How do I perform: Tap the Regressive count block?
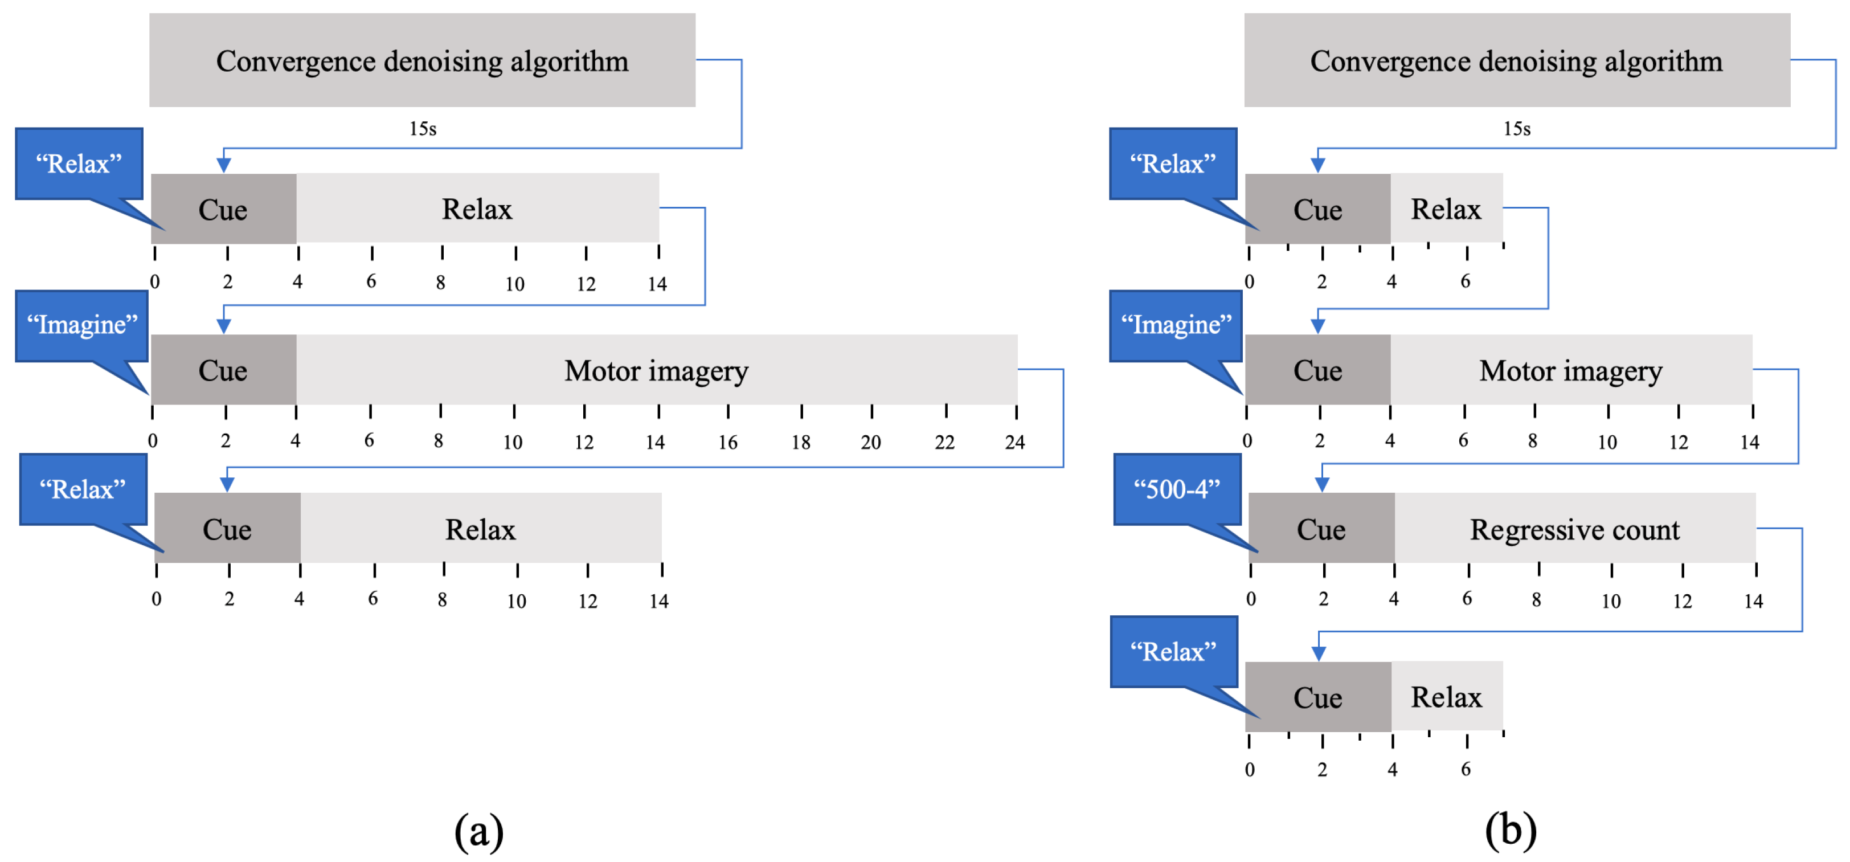pyautogui.click(x=1574, y=529)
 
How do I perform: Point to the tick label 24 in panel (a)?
pyautogui.click(x=1014, y=442)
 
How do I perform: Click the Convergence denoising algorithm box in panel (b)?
pyautogui.click(x=1516, y=61)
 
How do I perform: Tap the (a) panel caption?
pyautogui.click(x=478, y=831)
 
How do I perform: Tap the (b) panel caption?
pyautogui.click(x=1511, y=830)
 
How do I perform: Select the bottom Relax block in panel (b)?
pyautogui.click(x=1446, y=697)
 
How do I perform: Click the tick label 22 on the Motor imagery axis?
pyautogui.click(x=944, y=442)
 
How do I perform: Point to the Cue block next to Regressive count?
pyautogui.click(x=1321, y=529)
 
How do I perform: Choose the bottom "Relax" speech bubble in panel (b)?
pyautogui.click(x=1173, y=652)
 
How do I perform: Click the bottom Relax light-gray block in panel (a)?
pyautogui.click(x=480, y=529)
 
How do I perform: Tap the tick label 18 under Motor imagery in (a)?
pyautogui.click(x=800, y=442)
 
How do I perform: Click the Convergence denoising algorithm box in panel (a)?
pyautogui.click(x=422, y=61)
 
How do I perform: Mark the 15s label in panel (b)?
pyautogui.click(x=1517, y=129)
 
